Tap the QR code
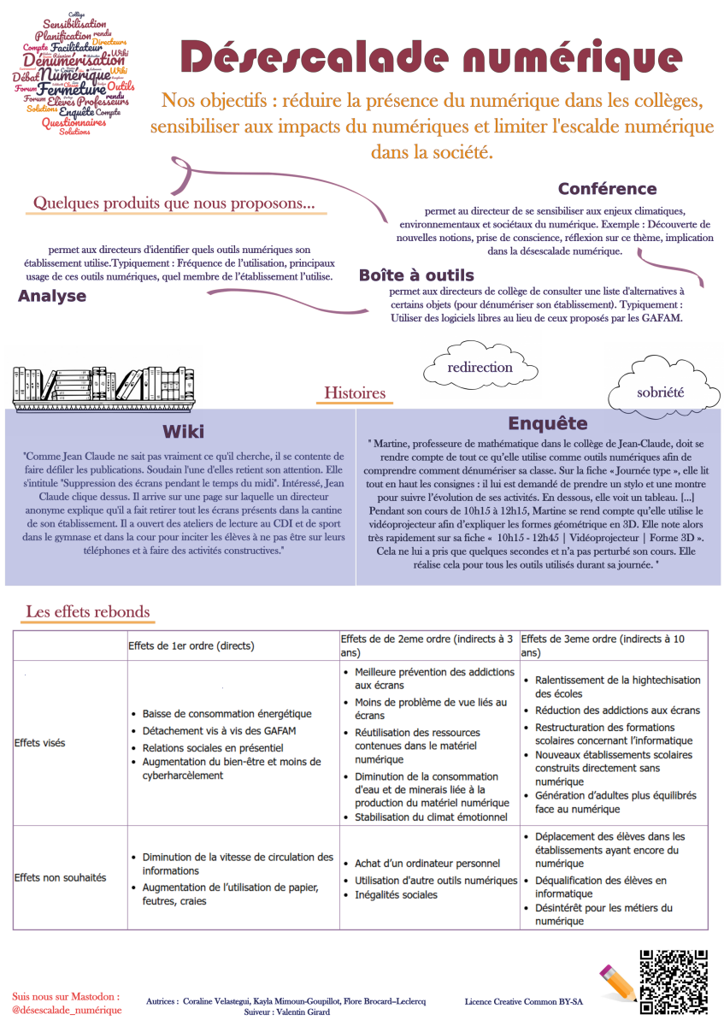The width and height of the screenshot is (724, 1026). coord(673,981)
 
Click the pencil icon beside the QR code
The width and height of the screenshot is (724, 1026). coord(617,982)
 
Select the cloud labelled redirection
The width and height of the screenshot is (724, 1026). coord(480,367)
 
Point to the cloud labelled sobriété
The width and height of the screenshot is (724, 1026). coord(661,392)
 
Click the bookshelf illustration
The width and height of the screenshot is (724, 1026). coord(103,386)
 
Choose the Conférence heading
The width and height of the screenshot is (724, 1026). coord(607,189)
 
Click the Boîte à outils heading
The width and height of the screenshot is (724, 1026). coord(416,275)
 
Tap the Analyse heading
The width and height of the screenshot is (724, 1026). coord(52,296)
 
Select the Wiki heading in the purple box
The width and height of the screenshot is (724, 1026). coord(184,431)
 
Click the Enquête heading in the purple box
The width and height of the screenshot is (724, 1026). coord(548,423)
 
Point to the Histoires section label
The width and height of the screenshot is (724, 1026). coord(355,393)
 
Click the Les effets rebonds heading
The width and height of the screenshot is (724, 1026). coord(88,611)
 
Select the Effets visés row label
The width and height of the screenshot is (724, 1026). coord(40,743)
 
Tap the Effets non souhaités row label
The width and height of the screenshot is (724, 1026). coord(61,877)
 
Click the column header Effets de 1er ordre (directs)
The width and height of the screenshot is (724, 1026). coord(191,646)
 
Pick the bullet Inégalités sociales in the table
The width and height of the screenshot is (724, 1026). coord(396,895)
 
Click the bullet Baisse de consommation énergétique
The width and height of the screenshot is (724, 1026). coord(227,713)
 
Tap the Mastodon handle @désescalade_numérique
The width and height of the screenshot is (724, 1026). coord(68,1010)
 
